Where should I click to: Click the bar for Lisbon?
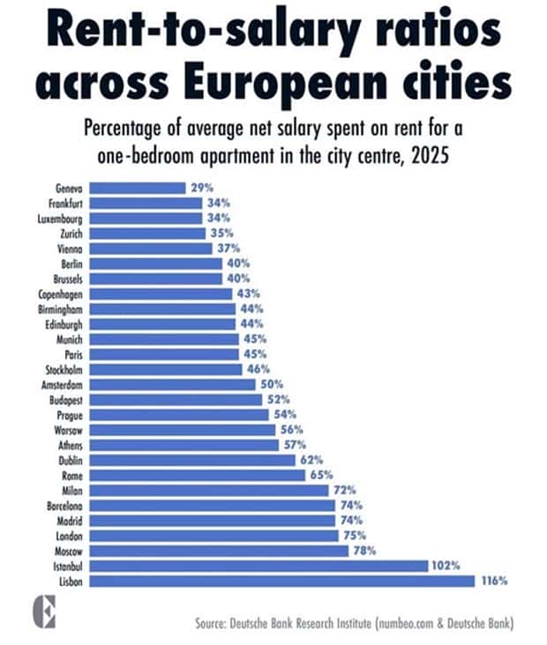pyautogui.click(x=281, y=581)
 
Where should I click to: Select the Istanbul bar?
pyautogui.click(x=259, y=566)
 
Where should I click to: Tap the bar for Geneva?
pyautogui.click(x=139, y=188)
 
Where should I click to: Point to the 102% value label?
pyautogui.click(x=446, y=566)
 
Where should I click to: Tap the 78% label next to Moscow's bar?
pyautogui.click(x=364, y=550)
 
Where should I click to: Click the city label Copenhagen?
pyautogui.click(x=61, y=293)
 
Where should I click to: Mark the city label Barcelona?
pyautogui.click(x=64, y=506)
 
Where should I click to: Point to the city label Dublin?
pyautogui.click(x=70, y=460)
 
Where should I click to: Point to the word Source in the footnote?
pyautogui.click(x=215, y=624)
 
